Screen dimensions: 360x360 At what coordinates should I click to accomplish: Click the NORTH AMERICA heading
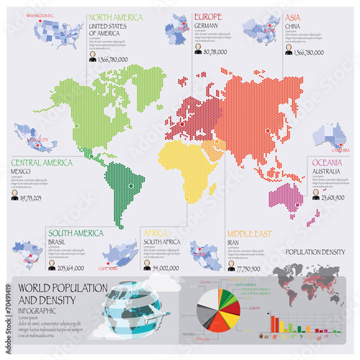pos(114,17)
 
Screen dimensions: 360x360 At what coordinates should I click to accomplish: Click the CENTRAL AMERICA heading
pos(42,162)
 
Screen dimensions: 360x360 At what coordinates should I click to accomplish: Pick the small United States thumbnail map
pos(49,32)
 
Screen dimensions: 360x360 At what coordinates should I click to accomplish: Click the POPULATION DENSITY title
pos(315,252)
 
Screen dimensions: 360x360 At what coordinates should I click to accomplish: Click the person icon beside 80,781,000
pos(199,52)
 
